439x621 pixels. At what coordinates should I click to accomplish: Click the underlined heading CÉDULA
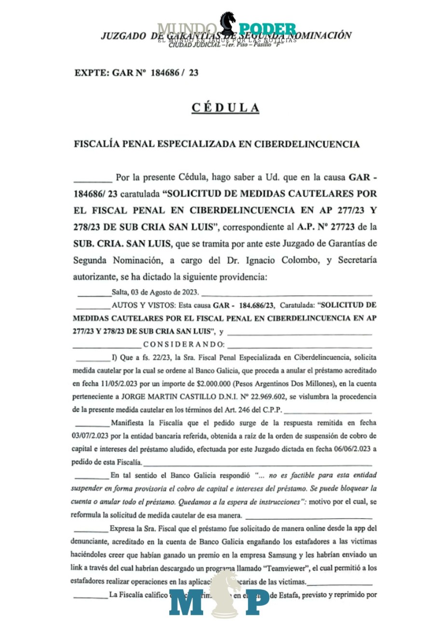225,108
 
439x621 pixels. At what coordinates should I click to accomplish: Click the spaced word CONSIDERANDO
184,345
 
